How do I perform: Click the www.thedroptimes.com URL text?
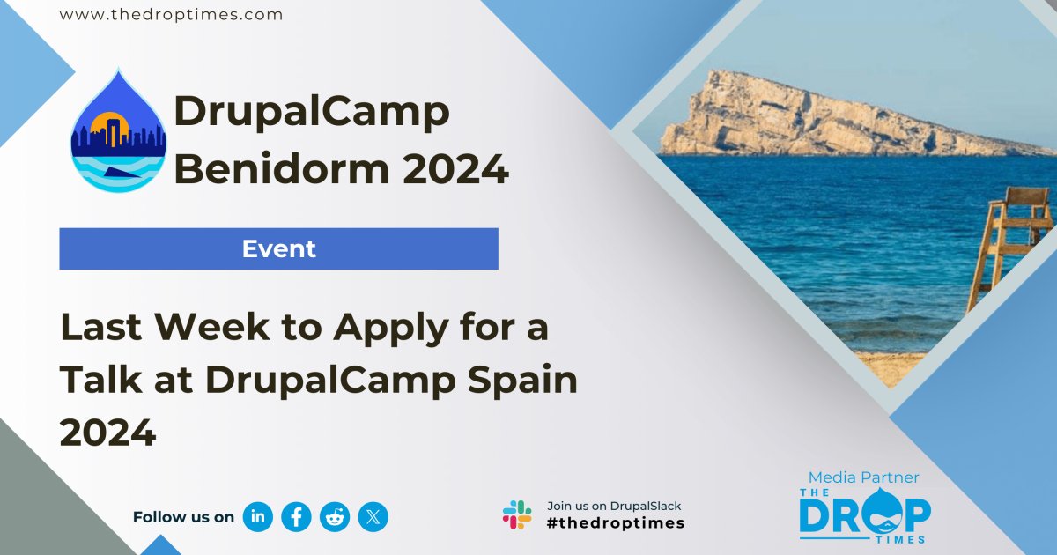(x=171, y=15)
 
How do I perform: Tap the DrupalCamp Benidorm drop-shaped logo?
(x=118, y=132)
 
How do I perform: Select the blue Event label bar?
(x=278, y=248)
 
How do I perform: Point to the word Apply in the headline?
(x=387, y=329)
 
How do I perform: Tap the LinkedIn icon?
(x=258, y=517)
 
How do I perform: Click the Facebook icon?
(x=297, y=517)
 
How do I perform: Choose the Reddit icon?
(x=335, y=517)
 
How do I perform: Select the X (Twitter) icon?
(x=373, y=517)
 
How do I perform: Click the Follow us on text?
(x=183, y=517)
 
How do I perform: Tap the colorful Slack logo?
(x=517, y=514)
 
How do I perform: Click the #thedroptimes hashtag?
(x=616, y=523)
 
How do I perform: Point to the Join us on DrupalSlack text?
(x=614, y=506)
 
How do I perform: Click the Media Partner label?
(x=863, y=477)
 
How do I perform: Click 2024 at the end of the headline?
(x=107, y=433)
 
